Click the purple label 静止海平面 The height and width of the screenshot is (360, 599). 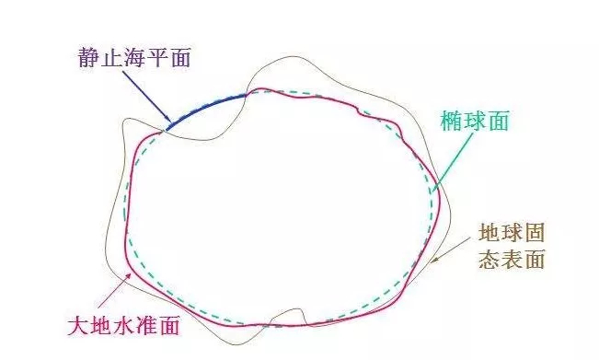pyautogui.click(x=132, y=60)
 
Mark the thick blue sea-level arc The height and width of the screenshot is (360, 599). pyautogui.click(x=208, y=105)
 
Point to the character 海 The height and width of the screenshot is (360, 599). pyautogui.click(x=132, y=60)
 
